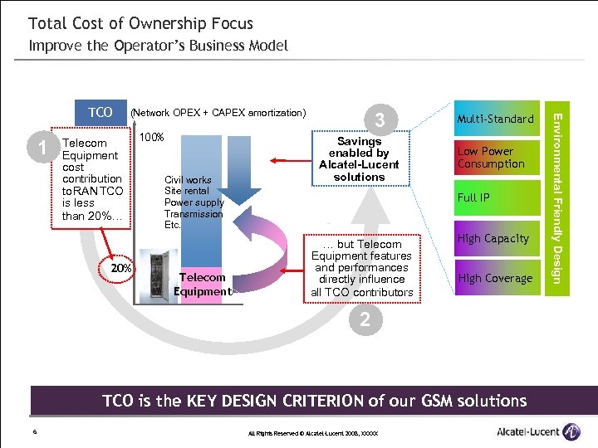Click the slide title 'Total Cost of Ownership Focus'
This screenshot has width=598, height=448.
point(140,23)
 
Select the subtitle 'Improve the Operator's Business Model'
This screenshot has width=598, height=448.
point(158,46)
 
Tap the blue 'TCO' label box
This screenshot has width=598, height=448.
point(100,113)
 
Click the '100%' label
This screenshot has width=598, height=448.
point(151,137)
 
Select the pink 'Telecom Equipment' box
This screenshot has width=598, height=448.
point(203,285)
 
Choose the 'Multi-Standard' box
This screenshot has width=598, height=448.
point(495,119)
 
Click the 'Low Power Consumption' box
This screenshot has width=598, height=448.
point(495,158)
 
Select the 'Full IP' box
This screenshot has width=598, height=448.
point(495,197)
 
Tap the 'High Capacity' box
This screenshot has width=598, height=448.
point(495,238)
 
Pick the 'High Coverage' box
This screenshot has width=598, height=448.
point(495,278)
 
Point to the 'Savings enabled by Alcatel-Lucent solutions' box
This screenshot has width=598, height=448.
point(359,158)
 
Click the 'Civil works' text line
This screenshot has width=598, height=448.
point(188,179)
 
